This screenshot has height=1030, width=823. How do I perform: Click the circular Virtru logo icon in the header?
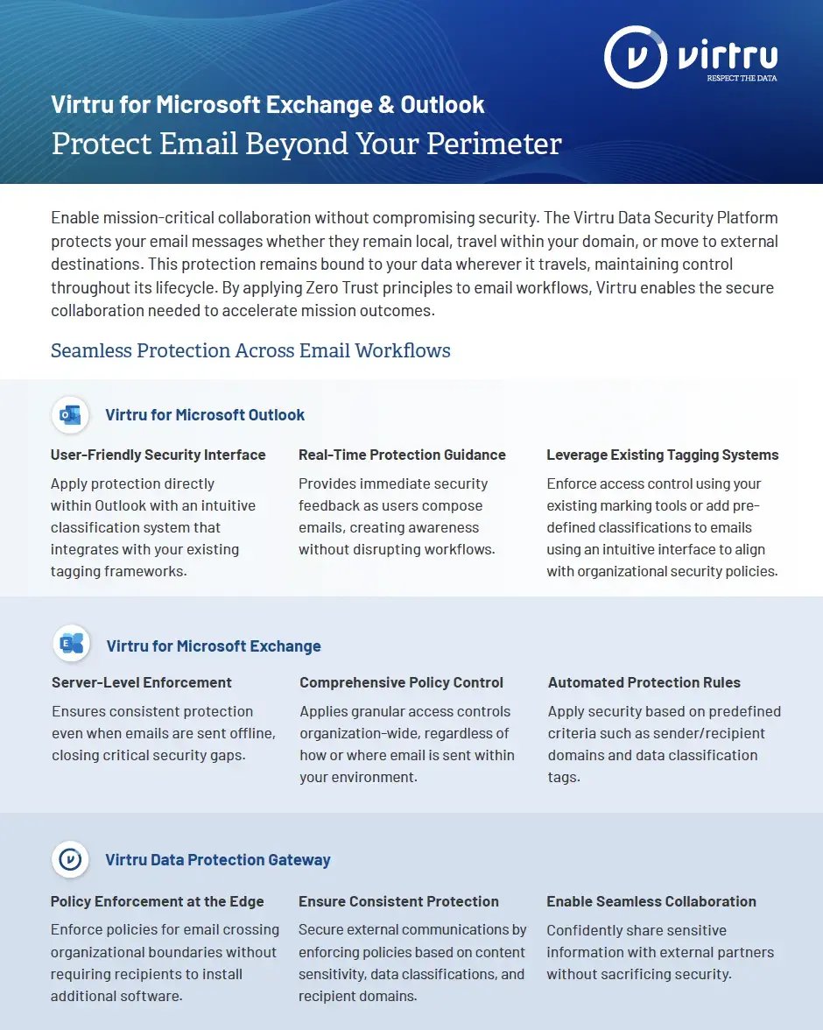[x=636, y=57]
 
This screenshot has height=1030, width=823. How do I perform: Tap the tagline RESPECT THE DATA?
[x=742, y=78]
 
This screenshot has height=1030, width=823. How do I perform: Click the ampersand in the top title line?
[x=385, y=105]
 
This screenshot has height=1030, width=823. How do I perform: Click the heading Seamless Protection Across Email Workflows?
[x=250, y=350]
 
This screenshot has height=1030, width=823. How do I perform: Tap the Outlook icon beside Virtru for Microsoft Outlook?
[x=70, y=414]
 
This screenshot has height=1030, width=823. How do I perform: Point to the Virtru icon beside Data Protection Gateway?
[x=70, y=859]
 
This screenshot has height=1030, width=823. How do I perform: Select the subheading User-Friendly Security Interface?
[x=158, y=455]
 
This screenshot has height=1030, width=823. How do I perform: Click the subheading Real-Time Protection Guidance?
[x=402, y=455]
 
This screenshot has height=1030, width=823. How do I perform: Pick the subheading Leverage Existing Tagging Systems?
[x=662, y=455]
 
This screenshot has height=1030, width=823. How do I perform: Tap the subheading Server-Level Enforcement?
[x=142, y=682]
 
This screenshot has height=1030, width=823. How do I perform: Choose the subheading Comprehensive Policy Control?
[x=401, y=682]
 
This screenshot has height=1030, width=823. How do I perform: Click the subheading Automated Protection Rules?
[x=644, y=682]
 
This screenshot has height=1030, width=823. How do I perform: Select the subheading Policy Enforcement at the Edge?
[x=157, y=901]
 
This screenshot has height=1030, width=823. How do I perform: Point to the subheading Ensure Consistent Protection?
[x=398, y=901]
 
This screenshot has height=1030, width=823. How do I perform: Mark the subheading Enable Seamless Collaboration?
[x=651, y=901]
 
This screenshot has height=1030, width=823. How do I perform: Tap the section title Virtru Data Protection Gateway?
[x=218, y=859]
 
